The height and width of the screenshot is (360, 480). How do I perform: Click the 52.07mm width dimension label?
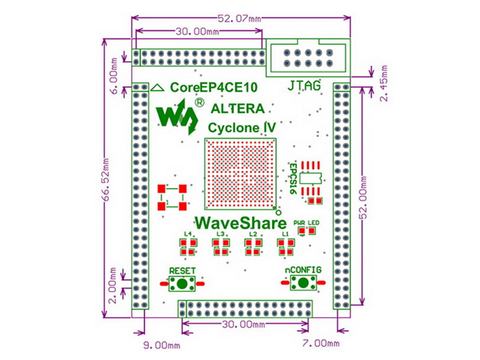point(239,19)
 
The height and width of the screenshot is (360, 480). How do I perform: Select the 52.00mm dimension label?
point(364,197)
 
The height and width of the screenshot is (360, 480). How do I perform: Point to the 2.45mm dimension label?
point(384,83)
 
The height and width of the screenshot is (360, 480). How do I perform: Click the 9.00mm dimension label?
point(162,346)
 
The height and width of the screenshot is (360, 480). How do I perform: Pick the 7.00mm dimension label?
point(321,343)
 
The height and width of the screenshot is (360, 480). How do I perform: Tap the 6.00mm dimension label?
point(113,76)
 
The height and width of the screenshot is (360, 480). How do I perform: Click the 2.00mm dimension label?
point(113,286)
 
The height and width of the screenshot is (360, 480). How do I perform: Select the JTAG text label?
point(304,85)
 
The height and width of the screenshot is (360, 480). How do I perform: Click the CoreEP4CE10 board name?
point(214,88)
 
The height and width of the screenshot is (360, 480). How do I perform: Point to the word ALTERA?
point(238,109)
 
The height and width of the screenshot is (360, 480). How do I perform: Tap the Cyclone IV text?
point(242,128)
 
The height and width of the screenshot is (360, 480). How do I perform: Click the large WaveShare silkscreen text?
point(241,223)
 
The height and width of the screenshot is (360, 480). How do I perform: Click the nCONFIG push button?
point(303,283)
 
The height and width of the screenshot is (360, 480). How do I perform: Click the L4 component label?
point(188,234)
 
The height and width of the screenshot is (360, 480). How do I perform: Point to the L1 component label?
point(286,234)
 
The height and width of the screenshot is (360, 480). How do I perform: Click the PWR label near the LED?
point(299,223)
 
